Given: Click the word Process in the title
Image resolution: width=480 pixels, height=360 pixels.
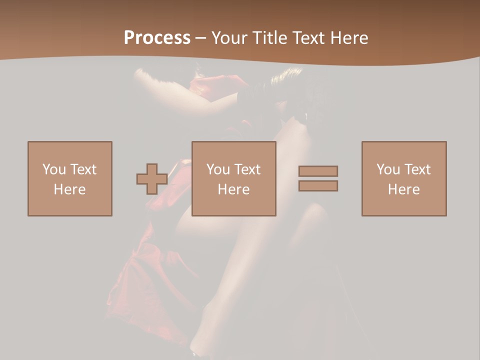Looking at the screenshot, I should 157,38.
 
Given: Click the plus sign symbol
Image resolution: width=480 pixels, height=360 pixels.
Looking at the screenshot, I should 152,179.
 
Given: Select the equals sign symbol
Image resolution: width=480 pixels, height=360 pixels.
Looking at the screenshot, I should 318,178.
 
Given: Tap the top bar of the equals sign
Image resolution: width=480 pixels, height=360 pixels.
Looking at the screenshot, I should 318,171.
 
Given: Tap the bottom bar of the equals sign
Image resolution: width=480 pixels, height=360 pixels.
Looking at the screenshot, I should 318,186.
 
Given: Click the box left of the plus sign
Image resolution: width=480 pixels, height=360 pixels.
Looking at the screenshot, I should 70,178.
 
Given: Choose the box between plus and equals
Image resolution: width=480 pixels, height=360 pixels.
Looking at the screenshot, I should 234,178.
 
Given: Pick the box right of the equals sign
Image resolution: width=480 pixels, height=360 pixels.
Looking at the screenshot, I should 404,178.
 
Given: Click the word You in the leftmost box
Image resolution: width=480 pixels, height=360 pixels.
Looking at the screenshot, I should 53,169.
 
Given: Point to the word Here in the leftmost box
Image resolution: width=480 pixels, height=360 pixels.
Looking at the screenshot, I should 70,189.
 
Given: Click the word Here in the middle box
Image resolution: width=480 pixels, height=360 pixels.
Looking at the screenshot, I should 234,189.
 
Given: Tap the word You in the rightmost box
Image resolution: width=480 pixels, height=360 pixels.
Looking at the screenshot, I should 387,169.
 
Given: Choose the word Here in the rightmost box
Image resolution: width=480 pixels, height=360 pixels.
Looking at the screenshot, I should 404,189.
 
